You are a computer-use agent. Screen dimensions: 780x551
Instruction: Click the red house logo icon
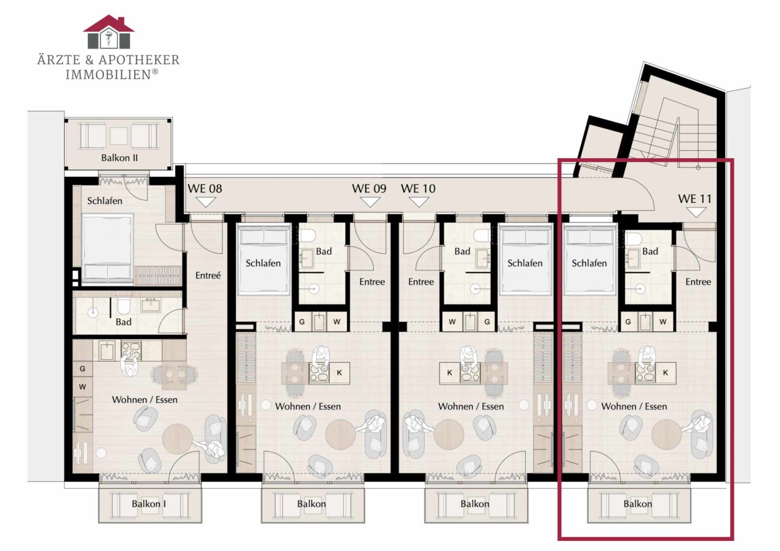(109, 32)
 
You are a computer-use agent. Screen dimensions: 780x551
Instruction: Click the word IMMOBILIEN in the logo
(108, 75)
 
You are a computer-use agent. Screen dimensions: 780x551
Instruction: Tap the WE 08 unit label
(205, 189)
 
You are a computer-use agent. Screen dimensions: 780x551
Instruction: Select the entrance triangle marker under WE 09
(370, 202)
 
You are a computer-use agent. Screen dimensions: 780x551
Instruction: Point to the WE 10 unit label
(418, 189)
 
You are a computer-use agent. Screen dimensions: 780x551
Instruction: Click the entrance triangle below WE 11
(696, 212)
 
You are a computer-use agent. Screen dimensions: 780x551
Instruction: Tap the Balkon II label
(119, 158)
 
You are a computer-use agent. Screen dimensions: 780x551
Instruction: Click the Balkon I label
(149, 504)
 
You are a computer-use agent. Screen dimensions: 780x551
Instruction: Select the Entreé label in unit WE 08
(208, 275)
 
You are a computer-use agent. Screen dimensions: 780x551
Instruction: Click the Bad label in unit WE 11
(650, 252)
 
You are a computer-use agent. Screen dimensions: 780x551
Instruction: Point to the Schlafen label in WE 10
(525, 263)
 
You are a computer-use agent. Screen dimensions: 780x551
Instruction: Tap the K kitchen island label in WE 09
(339, 373)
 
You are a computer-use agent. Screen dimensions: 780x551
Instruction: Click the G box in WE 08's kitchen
(83, 369)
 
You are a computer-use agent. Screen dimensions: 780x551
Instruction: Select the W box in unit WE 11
(663, 321)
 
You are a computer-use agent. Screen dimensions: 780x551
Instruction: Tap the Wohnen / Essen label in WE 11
(634, 406)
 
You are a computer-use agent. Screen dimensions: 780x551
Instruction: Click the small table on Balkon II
(119, 136)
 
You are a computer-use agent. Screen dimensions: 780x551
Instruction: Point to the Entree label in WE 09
(372, 282)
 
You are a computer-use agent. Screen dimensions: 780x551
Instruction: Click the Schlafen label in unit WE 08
(105, 201)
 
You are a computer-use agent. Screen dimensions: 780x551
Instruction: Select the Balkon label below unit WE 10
(475, 504)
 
